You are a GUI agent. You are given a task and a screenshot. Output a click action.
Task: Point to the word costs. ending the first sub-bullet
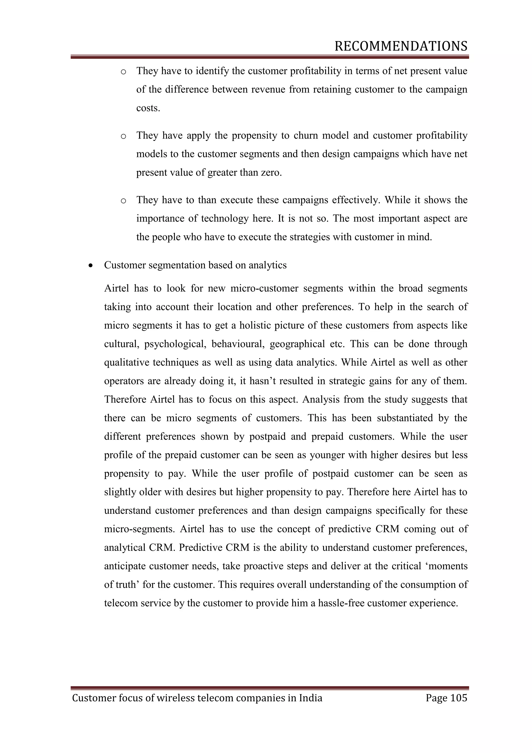(148, 108)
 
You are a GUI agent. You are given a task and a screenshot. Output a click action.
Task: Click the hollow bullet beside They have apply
(123, 136)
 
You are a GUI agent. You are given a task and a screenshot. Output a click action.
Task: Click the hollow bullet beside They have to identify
(123, 72)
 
